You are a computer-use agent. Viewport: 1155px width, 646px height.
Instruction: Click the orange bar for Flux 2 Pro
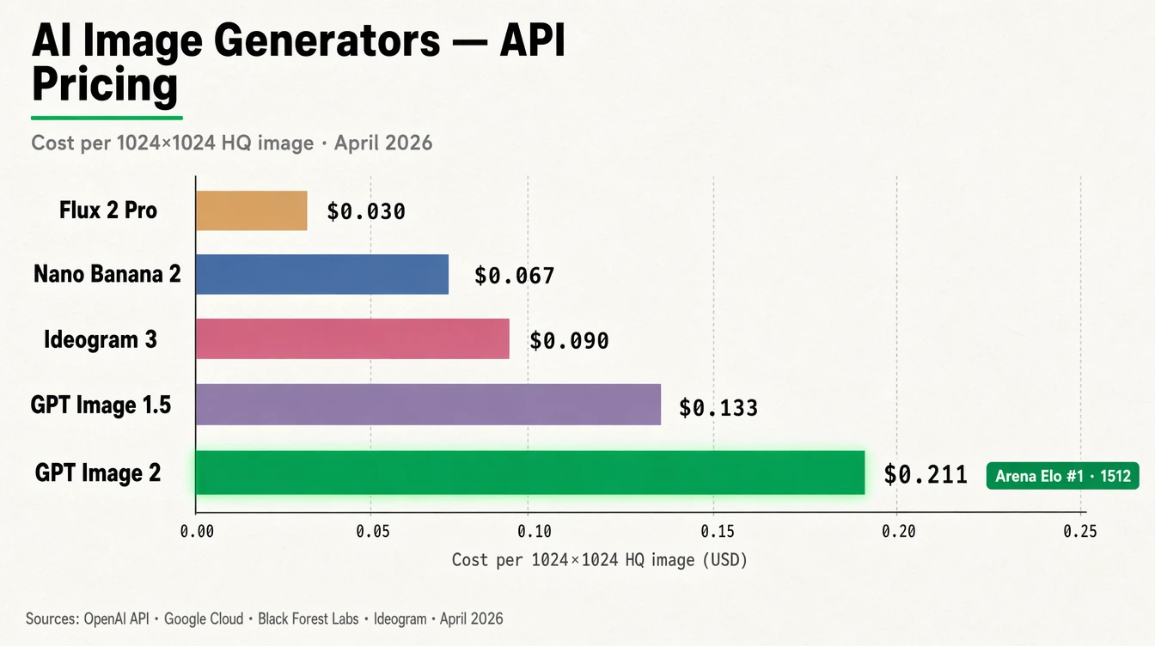(x=251, y=210)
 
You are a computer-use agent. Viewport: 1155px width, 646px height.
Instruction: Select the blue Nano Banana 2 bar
(x=322, y=274)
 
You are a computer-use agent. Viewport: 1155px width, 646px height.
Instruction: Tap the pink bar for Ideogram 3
(x=352, y=338)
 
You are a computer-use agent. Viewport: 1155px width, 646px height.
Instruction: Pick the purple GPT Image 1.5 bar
(x=428, y=405)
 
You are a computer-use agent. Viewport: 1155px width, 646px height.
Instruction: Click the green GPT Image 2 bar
(x=529, y=472)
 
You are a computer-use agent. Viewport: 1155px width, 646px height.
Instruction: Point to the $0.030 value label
(x=365, y=211)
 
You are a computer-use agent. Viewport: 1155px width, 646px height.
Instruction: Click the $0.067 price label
(x=514, y=276)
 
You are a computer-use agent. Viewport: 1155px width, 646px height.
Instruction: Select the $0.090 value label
(x=569, y=341)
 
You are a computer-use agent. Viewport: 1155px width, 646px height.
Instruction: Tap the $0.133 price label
(x=718, y=407)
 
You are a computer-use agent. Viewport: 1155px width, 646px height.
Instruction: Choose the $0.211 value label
(x=926, y=474)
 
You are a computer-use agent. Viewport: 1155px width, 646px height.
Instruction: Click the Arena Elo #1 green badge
(x=1062, y=475)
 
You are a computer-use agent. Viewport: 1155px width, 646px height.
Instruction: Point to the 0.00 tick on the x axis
(x=196, y=532)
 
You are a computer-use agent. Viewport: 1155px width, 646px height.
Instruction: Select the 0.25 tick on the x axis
(x=1079, y=532)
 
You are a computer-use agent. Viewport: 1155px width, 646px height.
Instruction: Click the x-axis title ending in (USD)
(x=600, y=560)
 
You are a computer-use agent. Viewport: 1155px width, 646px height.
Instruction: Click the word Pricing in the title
(x=104, y=86)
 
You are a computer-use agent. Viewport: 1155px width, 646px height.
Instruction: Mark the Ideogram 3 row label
(x=101, y=339)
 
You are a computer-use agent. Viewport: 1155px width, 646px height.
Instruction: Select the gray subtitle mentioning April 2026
(x=231, y=143)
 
